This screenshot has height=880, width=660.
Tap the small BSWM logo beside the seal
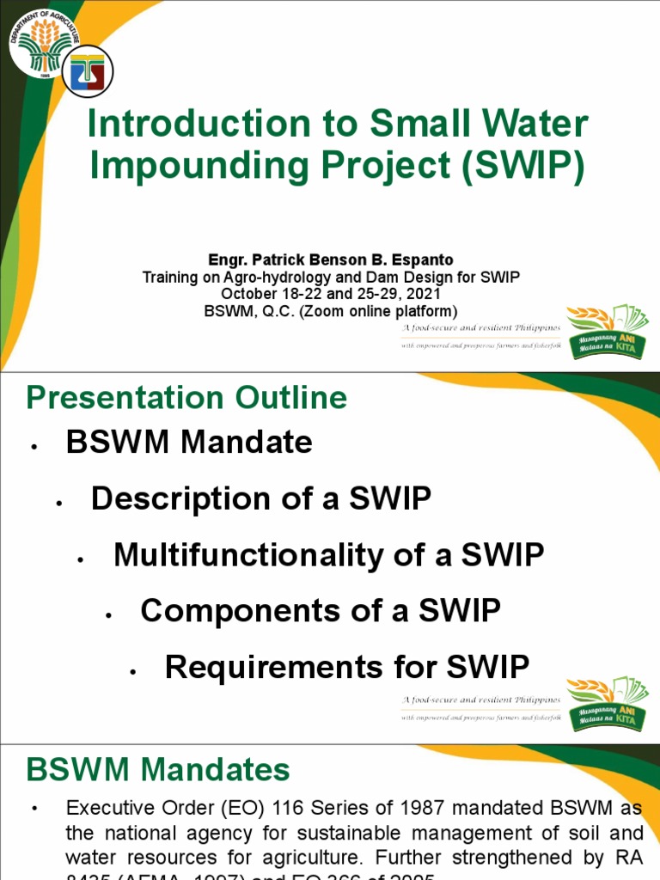[89, 71]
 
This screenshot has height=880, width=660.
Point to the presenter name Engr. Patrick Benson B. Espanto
[330, 260]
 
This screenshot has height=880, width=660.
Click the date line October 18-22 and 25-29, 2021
[330, 294]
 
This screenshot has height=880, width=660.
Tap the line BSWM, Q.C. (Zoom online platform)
[330, 311]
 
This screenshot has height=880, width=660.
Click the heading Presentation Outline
[186, 398]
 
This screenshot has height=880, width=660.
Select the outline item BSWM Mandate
[189, 443]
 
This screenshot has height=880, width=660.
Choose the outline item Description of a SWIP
[261, 499]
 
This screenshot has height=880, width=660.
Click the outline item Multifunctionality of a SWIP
[328, 555]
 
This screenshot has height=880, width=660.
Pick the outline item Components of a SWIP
[320, 611]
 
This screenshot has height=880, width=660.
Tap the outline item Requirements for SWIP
[346, 667]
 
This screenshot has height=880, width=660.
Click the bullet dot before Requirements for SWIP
[133, 672]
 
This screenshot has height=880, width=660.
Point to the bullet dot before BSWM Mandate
[34, 448]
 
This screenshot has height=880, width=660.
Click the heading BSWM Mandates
[158, 769]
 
